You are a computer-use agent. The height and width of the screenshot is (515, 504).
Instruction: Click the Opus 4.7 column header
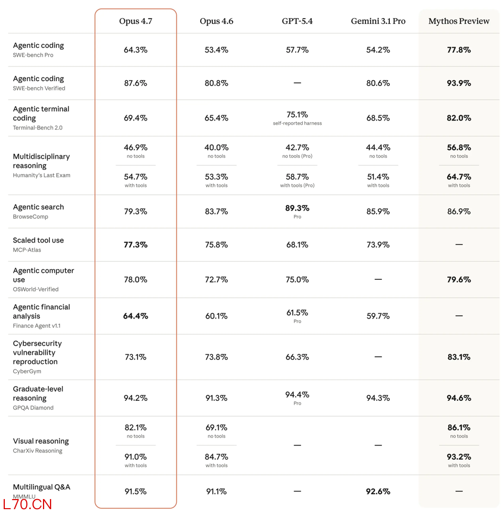pos(135,21)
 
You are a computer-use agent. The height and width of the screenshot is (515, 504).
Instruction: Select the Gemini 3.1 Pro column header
pos(378,21)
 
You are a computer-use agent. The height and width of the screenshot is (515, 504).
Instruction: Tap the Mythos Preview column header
pos(459,21)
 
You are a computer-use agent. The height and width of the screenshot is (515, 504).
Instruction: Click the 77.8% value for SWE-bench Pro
pos(459,50)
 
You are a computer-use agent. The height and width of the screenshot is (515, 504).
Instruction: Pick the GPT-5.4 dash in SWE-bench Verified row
pos(297,83)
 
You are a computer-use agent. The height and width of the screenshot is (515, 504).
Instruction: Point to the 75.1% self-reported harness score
pos(297,115)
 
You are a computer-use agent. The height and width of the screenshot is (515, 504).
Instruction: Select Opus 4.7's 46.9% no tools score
pos(135,148)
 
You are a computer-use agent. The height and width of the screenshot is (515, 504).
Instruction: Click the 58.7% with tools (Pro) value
pos(297,177)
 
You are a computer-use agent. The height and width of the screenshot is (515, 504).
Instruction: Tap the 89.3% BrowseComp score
pos(297,208)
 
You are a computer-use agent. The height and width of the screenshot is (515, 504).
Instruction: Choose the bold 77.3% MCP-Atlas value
pos(135,245)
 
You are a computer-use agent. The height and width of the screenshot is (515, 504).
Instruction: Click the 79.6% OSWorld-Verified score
pos(459,279)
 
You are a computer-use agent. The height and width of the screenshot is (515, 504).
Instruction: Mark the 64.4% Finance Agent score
pos(135,316)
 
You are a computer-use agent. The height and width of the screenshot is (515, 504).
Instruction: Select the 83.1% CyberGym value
pos(459,357)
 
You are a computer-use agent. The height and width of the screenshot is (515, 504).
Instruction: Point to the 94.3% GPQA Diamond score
pos(378,398)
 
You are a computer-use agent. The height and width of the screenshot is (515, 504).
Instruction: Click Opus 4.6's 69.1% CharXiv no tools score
pos(216,427)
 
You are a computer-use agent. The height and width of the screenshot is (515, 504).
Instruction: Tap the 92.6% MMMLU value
pos(378,491)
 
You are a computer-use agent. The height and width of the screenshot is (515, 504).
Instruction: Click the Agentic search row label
pos(38,207)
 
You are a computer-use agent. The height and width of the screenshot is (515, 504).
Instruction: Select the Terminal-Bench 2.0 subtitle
pos(38,128)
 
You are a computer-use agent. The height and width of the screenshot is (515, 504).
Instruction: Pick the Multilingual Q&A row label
pos(41,487)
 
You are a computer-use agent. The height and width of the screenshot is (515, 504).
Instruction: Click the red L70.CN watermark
pos(27,505)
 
